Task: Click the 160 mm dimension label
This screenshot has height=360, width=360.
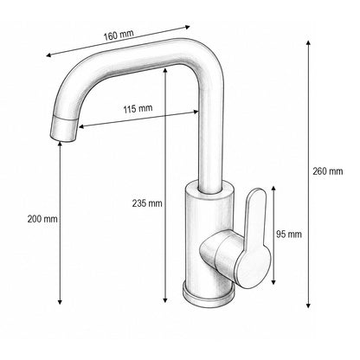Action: [119, 35]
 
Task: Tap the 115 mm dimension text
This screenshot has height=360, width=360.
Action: [138, 109]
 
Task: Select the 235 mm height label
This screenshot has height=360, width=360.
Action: [147, 203]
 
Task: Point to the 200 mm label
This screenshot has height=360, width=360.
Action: [42, 219]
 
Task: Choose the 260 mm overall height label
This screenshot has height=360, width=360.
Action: [328, 171]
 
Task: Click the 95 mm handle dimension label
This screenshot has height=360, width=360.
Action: [289, 234]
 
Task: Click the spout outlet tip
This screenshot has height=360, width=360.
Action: [63, 139]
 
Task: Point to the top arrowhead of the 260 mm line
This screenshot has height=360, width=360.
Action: [308, 43]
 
